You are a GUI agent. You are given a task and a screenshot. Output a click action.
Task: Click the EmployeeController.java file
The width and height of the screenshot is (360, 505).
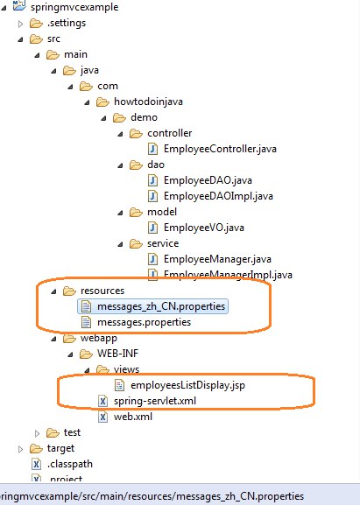[x=220, y=149]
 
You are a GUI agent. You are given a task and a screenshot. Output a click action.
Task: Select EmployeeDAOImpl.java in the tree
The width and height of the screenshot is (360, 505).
[x=218, y=196]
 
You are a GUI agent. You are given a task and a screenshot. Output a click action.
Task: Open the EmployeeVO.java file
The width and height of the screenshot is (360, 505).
[x=204, y=228]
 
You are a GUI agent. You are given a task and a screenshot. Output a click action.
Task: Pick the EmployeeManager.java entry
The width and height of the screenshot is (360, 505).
[x=217, y=259]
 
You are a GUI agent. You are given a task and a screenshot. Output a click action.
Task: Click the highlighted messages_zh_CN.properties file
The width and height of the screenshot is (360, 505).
[x=161, y=306]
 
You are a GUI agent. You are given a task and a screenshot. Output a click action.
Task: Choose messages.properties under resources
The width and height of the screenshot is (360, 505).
[x=144, y=322]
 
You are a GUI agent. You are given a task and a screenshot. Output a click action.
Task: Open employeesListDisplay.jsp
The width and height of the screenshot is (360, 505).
[x=187, y=385]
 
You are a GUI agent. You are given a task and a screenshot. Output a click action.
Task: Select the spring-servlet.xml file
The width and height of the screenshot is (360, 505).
[x=155, y=401]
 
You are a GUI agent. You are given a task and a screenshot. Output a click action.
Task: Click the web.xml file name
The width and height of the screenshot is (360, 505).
[x=133, y=417]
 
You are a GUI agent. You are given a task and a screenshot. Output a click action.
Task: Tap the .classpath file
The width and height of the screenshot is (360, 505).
[x=70, y=464]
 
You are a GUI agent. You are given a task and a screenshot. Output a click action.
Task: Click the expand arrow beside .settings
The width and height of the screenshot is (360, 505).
[x=20, y=24]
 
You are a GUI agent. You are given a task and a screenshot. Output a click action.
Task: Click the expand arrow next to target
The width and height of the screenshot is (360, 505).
[x=20, y=449]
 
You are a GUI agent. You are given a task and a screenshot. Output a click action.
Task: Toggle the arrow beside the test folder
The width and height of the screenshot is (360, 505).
[x=37, y=433]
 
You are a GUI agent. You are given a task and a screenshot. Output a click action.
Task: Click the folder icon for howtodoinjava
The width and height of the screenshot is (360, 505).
[x=102, y=102]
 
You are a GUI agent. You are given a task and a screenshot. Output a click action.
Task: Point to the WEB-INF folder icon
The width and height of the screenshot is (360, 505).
[x=86, y=354]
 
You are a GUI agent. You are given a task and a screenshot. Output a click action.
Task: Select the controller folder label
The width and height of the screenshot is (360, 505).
[x=170, y=133]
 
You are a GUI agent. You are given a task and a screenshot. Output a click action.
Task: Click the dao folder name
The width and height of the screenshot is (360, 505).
[x=156, y=165]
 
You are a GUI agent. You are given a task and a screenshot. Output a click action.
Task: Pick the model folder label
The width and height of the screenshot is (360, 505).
[x=162, y=212]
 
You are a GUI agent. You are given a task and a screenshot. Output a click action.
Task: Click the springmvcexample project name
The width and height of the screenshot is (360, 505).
[x=74, y=7]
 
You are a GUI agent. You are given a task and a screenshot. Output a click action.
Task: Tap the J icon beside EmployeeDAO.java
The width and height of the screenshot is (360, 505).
[x=152, y=180]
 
